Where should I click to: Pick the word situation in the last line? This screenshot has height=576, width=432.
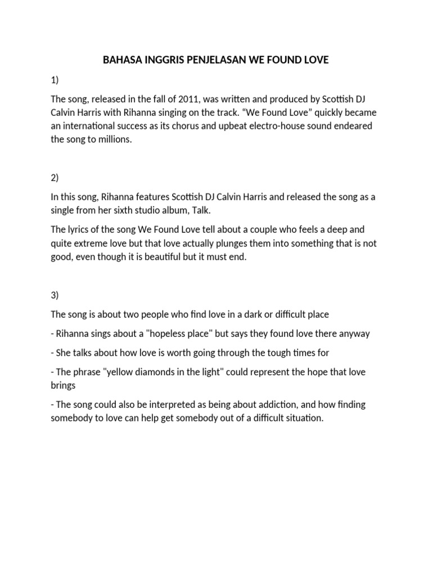pos(305,418)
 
